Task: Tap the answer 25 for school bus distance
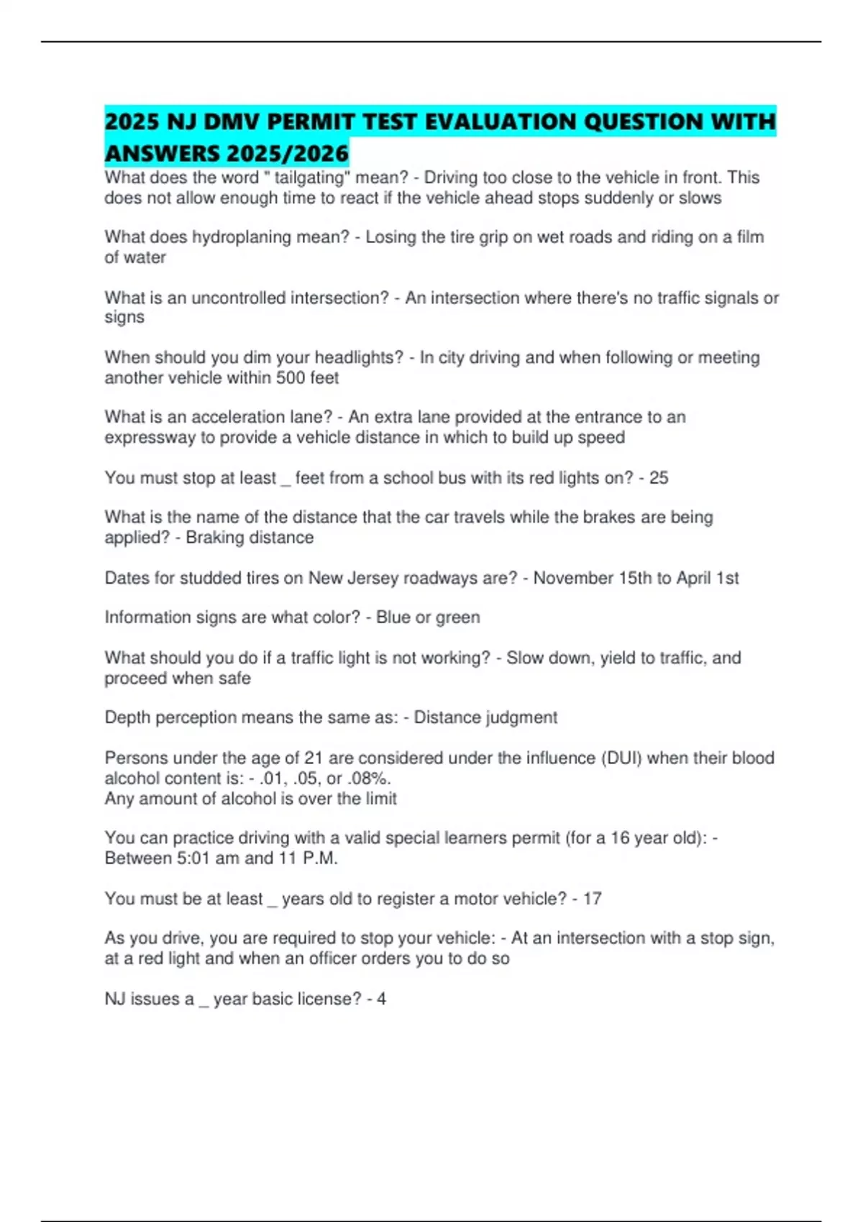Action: [x=659, y=478]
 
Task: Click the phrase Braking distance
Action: [x=250, y=538]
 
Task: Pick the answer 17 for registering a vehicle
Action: [x=592, y=899]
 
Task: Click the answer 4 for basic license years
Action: [x=381, y=999]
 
